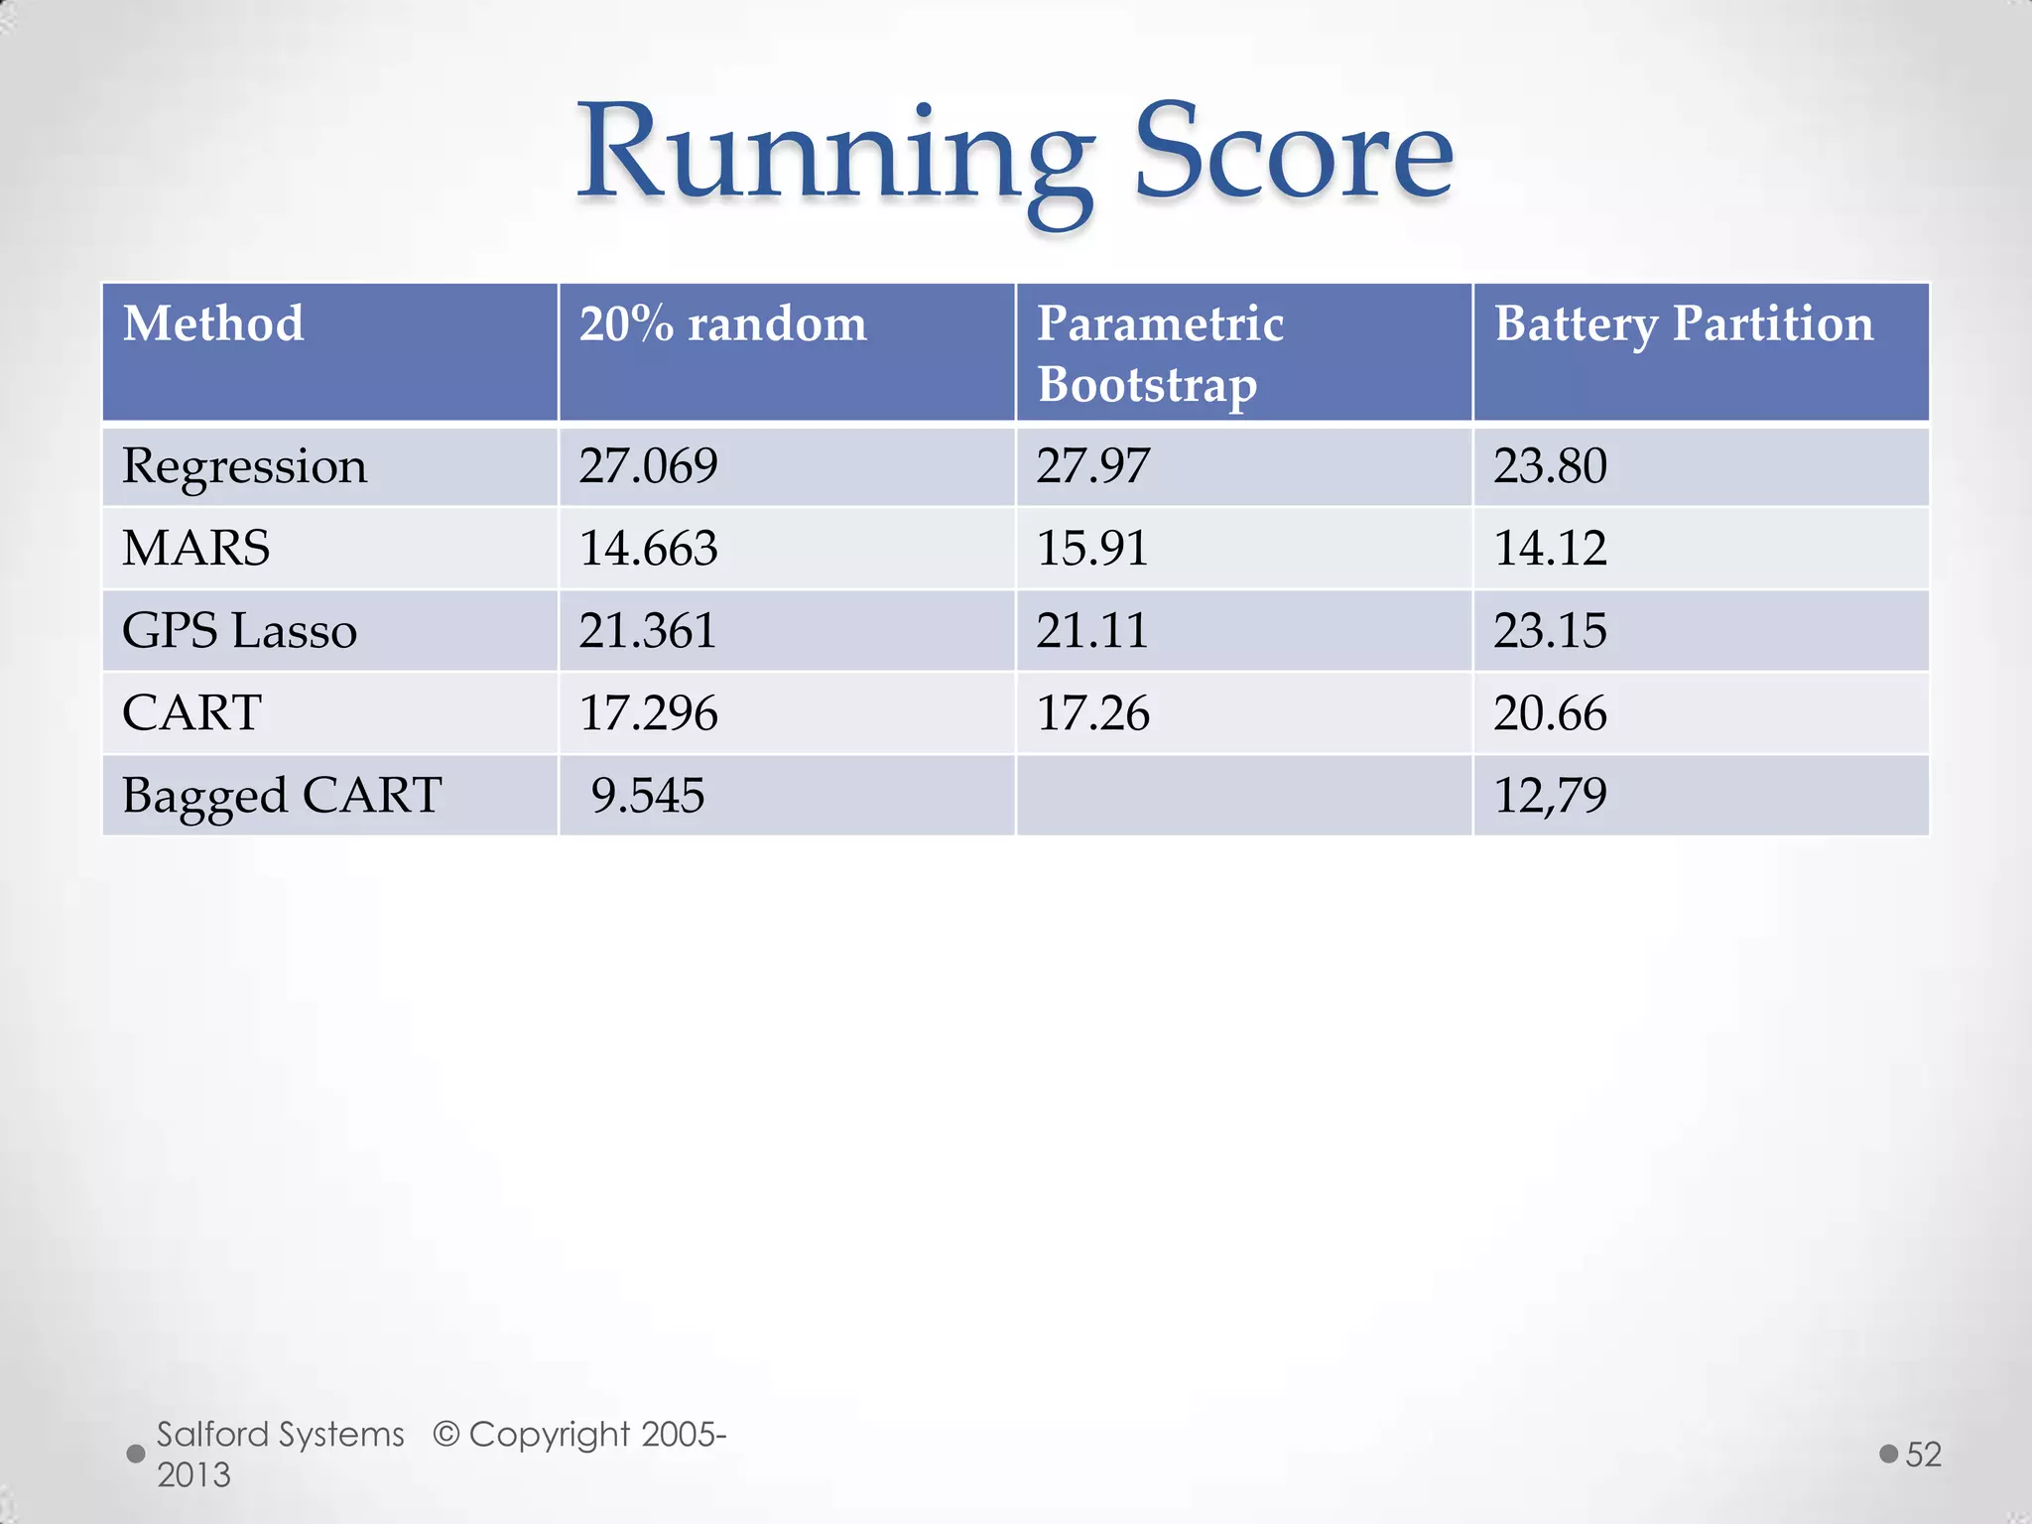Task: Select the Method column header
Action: [x=213, y=324]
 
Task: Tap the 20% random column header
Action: [x=722, y=324]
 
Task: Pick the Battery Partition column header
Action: [x=1684, y=324]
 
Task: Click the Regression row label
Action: [x=244, y=466]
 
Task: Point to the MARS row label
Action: [x=195, y=548]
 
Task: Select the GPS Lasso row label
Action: [x=239, y=631]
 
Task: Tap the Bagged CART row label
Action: [x=282, y=796]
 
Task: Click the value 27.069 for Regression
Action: [x=648, y=466]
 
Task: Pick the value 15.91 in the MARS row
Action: [x=1092, y=548]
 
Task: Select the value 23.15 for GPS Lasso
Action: [x=1550, y=631]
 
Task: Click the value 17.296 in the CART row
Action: [x=648, y=713]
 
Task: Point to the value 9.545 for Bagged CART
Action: [x=648, y=796]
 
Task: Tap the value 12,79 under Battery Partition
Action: [x=1550, y=796]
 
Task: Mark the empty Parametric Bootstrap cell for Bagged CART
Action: [x=1243, y=796]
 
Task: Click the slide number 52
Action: [x=1923, y=1455]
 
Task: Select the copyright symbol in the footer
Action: [x=446, y=1435]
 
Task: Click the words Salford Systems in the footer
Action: [x=281, y=1435]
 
